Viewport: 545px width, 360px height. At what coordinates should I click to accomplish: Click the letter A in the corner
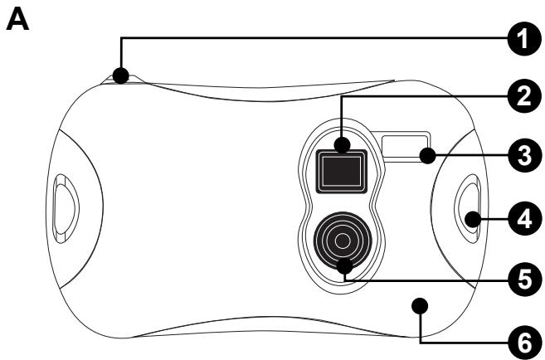[x=17, y=20]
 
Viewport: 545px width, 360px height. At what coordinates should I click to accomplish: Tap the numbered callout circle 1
[x=524, y=38]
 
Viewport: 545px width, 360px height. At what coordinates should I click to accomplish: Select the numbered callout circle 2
[x=524, y=96]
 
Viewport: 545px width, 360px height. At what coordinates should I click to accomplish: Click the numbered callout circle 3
[x=524, y=155]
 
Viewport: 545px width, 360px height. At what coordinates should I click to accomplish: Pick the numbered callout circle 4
[x=524, y=219]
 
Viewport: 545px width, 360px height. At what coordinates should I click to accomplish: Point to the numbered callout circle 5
[x=524, y=279]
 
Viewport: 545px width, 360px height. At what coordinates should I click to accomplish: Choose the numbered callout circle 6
[x=524, y=343]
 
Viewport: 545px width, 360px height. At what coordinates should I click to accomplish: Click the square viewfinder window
[x=341, y=171]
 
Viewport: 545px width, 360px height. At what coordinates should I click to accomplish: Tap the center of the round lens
[x=343, y=241]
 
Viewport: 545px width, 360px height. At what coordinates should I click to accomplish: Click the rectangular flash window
[x=406, y=147]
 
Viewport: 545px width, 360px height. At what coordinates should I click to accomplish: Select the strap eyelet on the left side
[x=66, y=208]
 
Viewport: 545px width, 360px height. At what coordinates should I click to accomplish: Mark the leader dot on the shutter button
[x=120, y=75]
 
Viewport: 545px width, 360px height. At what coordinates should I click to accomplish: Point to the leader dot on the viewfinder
[x=342, y=145]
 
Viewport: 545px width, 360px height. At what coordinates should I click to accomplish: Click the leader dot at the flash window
[x=427, y=155]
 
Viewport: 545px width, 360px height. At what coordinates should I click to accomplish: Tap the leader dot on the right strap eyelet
[x=472, y=219]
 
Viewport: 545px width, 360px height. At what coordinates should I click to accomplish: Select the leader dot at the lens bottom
[x=345, y=266]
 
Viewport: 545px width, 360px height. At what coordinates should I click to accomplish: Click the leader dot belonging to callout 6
[x=420, y=305]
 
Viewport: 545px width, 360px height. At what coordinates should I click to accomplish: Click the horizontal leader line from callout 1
[x=314, y=38]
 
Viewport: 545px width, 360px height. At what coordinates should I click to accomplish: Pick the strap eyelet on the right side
[x=468, y=208]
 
